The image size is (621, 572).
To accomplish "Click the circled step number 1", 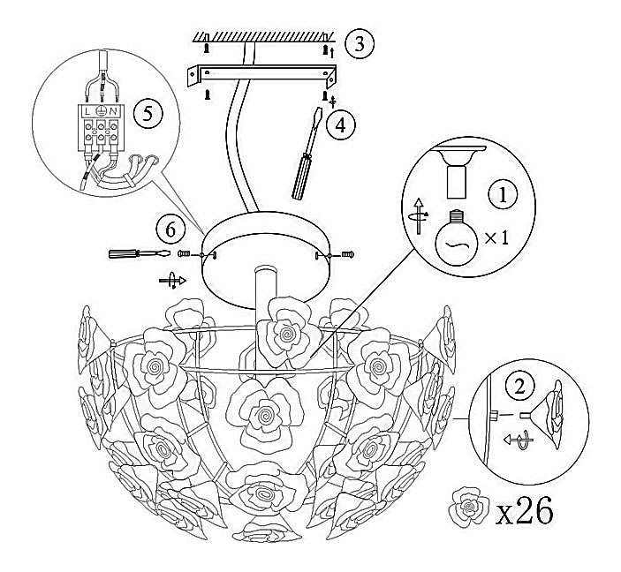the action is click(x=503, y=194).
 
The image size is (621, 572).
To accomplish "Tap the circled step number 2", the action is click(x=519, y=386).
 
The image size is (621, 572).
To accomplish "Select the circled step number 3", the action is click(x=359, y=43).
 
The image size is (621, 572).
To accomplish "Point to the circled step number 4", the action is click(x=340, y=125).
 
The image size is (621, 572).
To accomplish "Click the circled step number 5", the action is click(x=148, y=114).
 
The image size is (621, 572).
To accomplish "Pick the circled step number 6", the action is click(x=170, y=229).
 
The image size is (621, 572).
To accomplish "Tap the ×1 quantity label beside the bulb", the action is click(x=496, y=237).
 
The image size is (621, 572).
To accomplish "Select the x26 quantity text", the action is click(x=524, y=511).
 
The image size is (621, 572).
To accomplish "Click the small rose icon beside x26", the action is click(x=469, y=508).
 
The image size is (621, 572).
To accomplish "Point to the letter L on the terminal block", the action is click(x=87, y=111).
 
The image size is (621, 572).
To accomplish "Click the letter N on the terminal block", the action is click(x=113, y=111).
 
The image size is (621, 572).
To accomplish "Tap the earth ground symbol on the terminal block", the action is click(x=100, y=111).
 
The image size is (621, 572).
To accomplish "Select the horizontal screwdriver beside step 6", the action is click(x=139, y=253).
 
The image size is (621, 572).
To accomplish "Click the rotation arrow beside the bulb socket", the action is click(x=419, y=215).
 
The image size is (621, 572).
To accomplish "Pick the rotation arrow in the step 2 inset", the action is click(x=519, y=439).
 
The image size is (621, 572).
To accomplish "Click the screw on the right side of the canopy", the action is click(x=347, y=254).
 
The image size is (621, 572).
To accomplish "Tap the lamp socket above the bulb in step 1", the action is click(x=458, y=172).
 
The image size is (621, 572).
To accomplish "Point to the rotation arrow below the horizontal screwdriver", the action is click(x=172, y=280).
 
